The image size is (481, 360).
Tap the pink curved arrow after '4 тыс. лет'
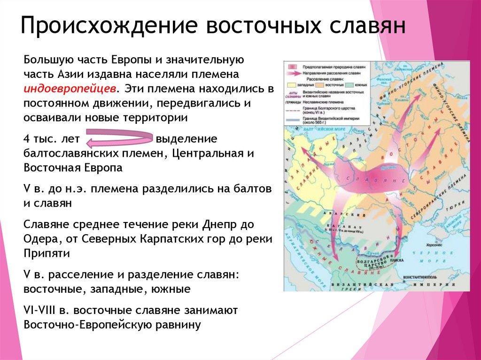(120, 139)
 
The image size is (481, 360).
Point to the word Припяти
(46, 253)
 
